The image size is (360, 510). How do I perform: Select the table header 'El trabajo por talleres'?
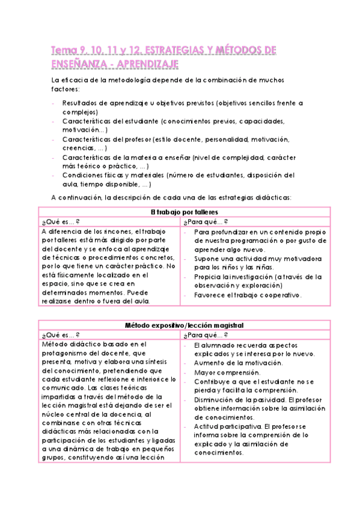point(185,212)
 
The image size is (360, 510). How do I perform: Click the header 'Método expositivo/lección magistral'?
point(185,325)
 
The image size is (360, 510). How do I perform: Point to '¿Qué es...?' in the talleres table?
point(61,221)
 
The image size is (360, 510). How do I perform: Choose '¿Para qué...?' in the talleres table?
point(206,221)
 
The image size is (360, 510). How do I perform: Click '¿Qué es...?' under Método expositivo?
point(61,334)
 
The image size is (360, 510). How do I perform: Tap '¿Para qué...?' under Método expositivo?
point(206,334)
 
